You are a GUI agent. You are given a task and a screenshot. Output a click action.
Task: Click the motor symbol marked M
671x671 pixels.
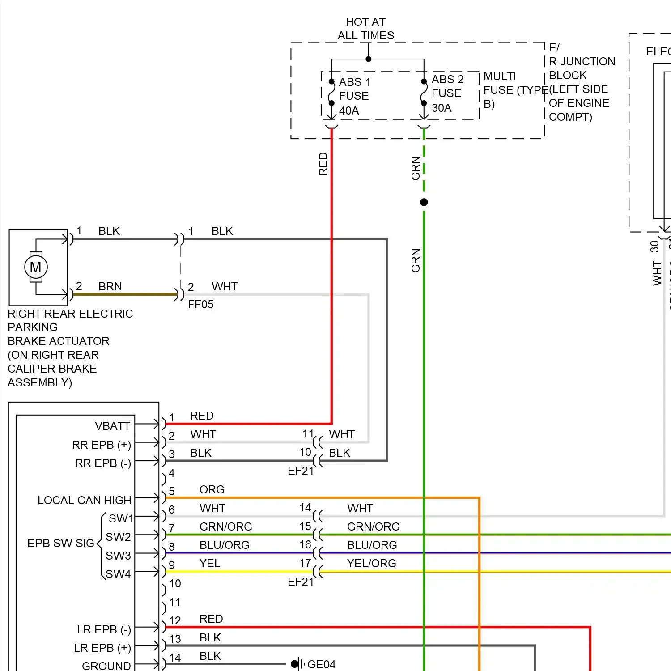pyautogui.click(x=36, y=267)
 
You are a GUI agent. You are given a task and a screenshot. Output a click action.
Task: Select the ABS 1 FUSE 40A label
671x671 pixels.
pyautogui.click(x=354, y=96)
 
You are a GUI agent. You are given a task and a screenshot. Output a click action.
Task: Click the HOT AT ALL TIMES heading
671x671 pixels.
pyautogui.click(x=365, y=29)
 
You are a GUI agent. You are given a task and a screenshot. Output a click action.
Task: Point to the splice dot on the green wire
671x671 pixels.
pyautogui.click(x=424, y=202)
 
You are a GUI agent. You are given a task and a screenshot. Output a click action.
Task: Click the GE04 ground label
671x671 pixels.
pyautogui.click(x=321, y=664)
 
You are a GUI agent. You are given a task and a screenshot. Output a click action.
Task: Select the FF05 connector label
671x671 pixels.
pyautogui.click(x=200, y=305)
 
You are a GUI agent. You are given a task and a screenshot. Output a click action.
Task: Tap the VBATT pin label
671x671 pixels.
pyautogui.click(x=112, y=426)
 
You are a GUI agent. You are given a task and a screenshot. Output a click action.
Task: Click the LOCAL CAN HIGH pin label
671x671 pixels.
pyautogui.click(x=84, y=500)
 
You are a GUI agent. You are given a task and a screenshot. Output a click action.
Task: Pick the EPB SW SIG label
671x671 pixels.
pyautogui.click(x=61, y=543)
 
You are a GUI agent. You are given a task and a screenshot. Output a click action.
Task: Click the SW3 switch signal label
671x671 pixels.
pyautogui.click(x=118, y=556)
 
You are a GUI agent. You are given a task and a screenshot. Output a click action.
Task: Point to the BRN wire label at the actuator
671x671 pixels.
pyautogui.click(x=110, y=286)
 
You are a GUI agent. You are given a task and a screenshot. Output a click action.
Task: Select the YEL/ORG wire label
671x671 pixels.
pyautogui.click(x=371, y=563)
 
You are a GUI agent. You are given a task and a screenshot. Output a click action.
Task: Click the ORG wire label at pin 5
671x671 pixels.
pyautogui.click(x=212, y=489)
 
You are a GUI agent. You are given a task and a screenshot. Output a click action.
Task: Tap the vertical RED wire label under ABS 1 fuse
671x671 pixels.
pyautogui.click(x=323, y=164)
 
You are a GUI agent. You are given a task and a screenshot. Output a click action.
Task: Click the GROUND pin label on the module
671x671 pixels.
pyautogui.click(x=106, y=666)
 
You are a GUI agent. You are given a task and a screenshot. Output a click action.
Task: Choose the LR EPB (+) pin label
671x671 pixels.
pyautogui.click(x=102, y=648)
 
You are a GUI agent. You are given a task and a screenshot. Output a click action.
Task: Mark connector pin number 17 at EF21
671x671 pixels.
pyautogui.click(x=305, y=563)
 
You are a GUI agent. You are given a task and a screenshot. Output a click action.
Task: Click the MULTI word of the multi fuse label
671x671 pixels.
pyautogui.click(x=500, y=76)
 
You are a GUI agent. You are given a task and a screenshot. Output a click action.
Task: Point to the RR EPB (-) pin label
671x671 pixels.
pyautogui.click(x=103, y=463)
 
